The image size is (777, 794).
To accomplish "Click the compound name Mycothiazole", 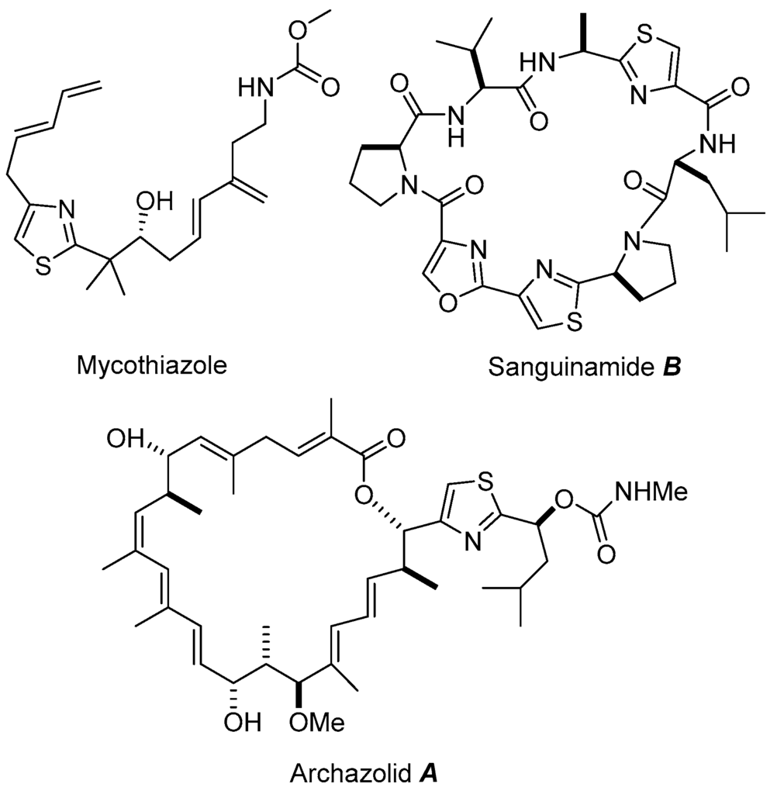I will [x=151, y=365].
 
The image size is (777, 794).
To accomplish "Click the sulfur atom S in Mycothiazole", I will [x=43, y=266].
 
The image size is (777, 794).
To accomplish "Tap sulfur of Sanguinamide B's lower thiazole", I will [x=575, y=318].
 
